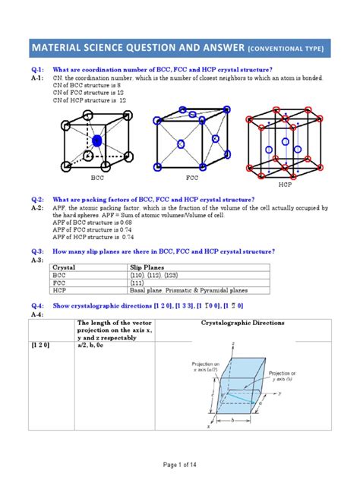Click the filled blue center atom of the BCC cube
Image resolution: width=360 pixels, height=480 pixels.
(x=97, y=141)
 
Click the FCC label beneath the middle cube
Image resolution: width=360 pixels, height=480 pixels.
(x=191, y=178)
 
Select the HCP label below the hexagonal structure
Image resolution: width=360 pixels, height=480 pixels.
(x=285, y=185)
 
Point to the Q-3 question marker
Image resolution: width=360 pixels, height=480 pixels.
(x=37, y=251)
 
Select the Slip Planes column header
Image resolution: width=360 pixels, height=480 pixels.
(x=151, y=267)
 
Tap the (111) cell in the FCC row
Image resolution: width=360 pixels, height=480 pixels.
(x=140, y=283)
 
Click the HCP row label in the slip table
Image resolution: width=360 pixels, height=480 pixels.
(x=59, y=290)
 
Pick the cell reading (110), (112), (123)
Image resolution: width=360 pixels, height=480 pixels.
(x=160, y=275)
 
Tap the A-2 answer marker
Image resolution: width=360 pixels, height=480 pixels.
(x=37, y=207)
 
